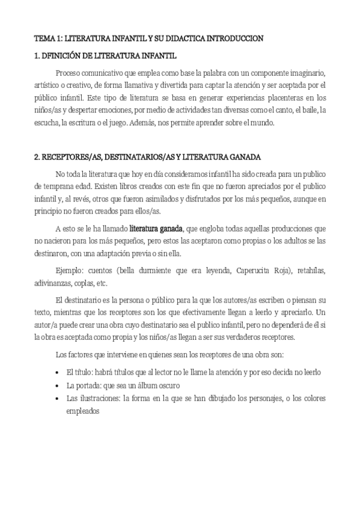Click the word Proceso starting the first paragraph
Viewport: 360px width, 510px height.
(x=67, y=72)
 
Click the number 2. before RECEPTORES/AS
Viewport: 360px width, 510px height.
(x=37, y=157)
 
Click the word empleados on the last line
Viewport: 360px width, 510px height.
(x=83, y=411)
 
